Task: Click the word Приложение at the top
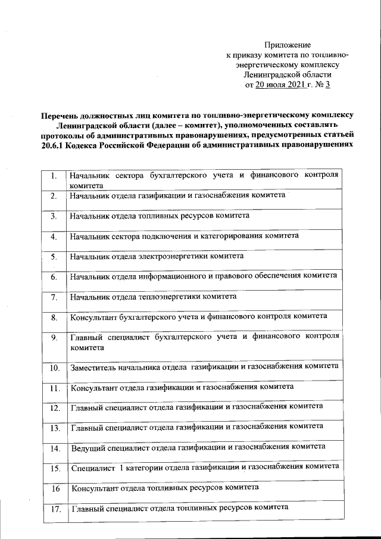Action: point(288,45)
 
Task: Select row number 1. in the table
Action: point(54,176)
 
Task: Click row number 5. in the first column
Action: point(54,257)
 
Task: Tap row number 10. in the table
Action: point(54,367)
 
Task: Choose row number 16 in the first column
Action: point(55,488)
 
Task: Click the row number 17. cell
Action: point(55,509)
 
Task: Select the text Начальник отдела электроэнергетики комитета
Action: point(157,256)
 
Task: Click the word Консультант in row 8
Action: point(93,317)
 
